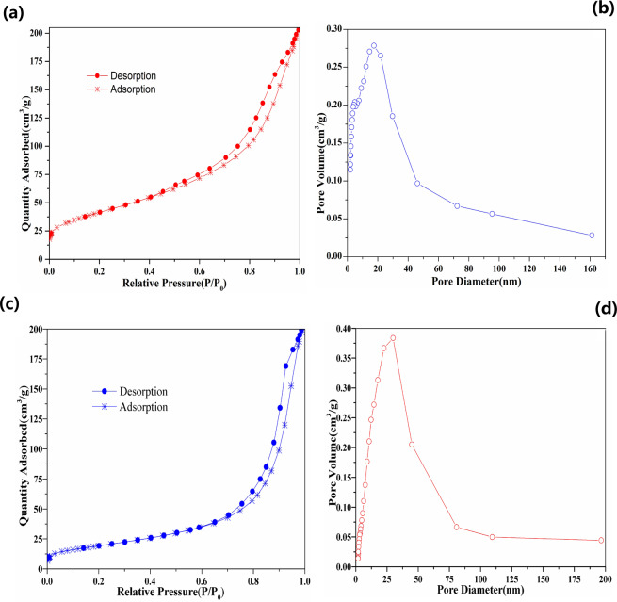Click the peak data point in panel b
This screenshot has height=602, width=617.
373,45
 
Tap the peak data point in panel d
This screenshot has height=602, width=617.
393,337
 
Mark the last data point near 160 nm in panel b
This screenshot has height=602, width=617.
591,235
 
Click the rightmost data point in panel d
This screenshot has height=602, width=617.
601,540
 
